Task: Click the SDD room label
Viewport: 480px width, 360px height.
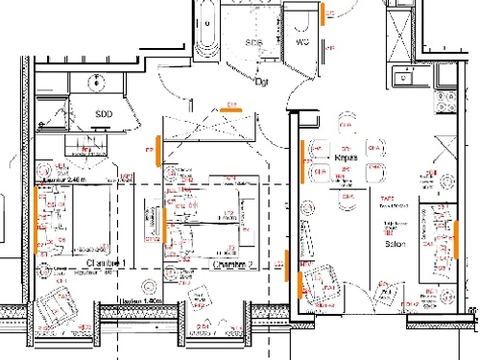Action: (x=104, y=113)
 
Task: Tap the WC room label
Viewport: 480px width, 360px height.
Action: (x=300, y=43)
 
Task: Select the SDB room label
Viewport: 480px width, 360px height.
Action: (x=253, y=43)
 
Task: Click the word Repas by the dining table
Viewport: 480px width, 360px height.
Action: (x=347, y=156)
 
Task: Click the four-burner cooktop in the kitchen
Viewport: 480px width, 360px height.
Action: (x=446, y=100)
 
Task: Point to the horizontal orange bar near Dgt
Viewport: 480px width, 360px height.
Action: (x=230, y=108)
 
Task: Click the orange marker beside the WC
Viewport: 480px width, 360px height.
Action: (x=327, y=13)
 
